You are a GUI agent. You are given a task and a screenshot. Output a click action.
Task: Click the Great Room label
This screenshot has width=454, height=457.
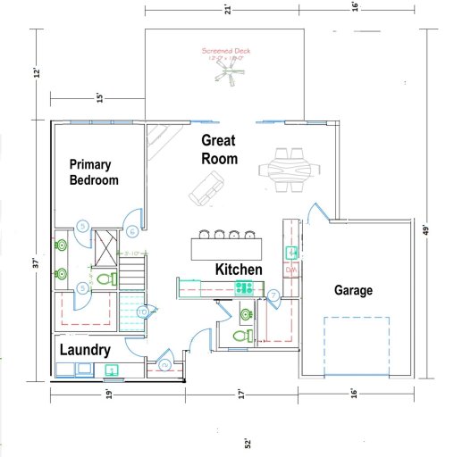[219, 149]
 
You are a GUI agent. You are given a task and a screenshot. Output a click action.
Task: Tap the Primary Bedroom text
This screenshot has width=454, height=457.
[94, 171]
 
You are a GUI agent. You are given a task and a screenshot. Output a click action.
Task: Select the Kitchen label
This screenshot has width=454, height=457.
[239, 269]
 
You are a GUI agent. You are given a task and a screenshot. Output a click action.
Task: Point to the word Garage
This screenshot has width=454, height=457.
[353, 290]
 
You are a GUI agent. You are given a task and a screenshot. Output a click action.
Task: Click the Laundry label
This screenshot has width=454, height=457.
[85, 351]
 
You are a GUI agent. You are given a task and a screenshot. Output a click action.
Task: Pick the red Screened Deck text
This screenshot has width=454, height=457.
[226, 52]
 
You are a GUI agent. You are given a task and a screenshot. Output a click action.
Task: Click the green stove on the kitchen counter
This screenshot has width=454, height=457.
[243, 287]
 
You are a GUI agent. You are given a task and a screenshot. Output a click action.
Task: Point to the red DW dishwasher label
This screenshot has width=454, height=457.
[290, 269]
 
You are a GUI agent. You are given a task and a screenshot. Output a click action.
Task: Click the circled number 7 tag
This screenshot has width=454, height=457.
[273, 295]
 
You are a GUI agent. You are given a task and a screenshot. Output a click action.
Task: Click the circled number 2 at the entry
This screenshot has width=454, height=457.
[165, 364]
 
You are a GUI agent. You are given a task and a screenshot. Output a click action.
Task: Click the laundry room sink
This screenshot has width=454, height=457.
[112, 370]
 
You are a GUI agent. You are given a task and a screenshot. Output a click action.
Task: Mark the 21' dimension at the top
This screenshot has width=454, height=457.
[228, 9]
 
